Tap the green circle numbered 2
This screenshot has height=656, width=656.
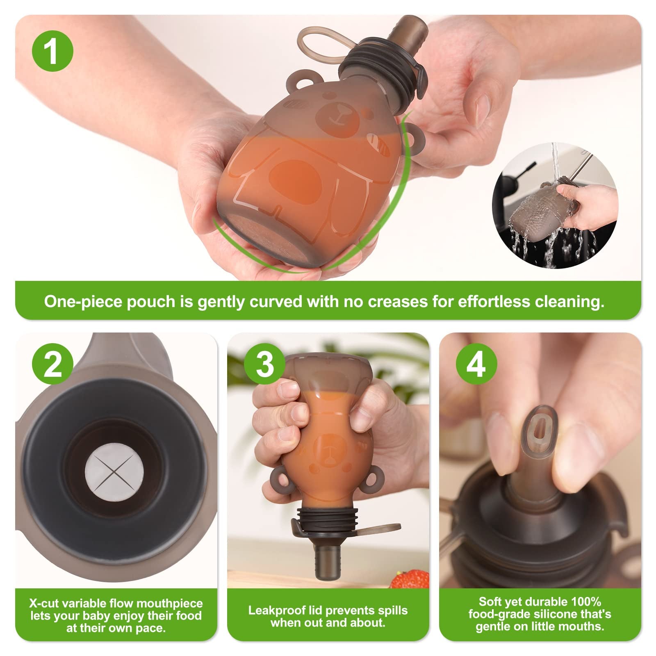[x=52, y=364]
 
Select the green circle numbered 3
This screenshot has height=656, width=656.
[x=265, y=364]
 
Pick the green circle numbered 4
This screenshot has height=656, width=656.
[x=476, y=364]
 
